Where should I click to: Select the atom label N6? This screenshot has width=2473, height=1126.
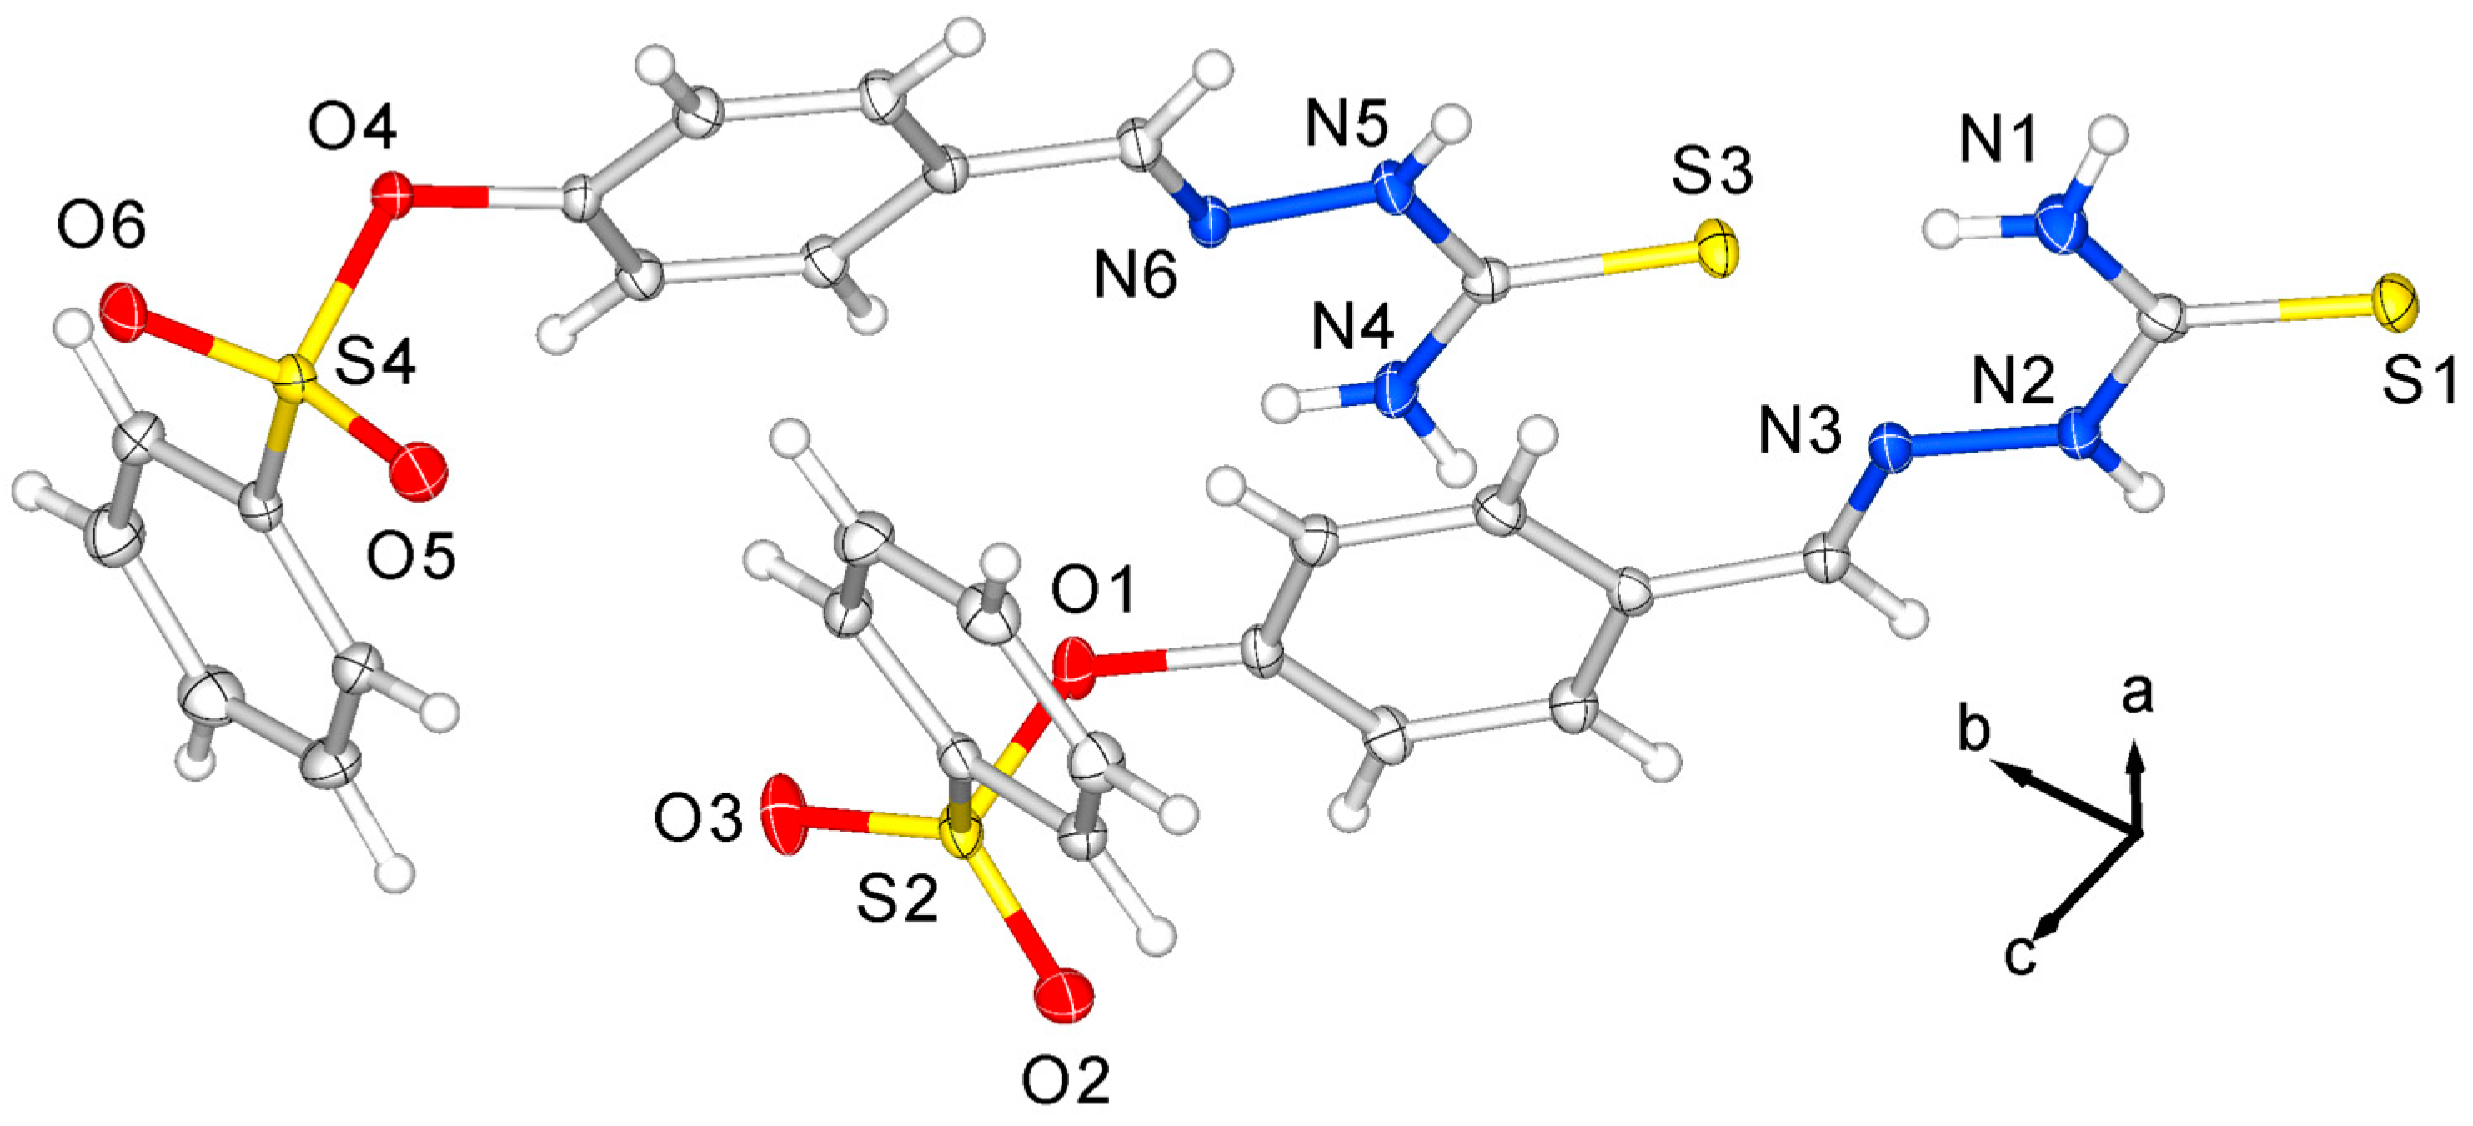[x=1136, y=278]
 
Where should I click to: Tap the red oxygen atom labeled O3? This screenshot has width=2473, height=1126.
[x=785, y=814]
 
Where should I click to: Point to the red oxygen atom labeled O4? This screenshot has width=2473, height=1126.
[x=392, y=194]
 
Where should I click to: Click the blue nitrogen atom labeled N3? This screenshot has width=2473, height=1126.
[x=1890, y=448]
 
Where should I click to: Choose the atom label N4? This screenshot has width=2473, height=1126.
[x=1352, y=329]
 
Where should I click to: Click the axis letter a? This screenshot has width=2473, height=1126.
[x=2137, y=695]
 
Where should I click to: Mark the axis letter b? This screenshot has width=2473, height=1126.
[x=1974, y=733]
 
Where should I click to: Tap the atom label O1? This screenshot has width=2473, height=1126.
[x=1093, y=590]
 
